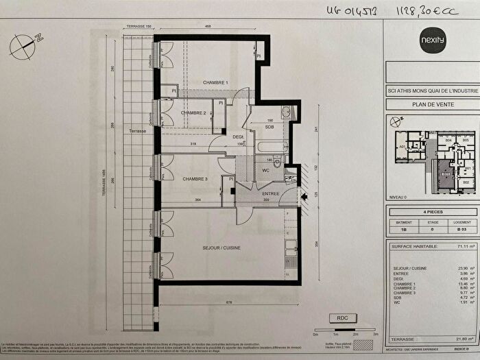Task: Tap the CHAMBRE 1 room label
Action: [x=215, y=83]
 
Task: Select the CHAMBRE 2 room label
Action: [x=194, y=113]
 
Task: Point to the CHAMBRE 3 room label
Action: [x=195, y=179]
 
